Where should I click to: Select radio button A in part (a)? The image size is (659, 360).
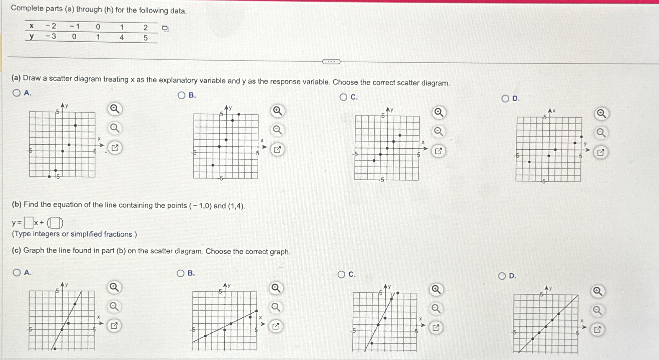[x=17, y=93]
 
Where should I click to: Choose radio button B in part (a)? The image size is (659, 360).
[x=181, y=96]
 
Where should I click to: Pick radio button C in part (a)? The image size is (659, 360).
[x=344, y=97]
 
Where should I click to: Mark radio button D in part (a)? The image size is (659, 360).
[x=505, y=99]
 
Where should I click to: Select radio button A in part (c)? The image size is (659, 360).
[x=17, y=273]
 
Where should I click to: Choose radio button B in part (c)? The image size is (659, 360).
[x=181, y=273]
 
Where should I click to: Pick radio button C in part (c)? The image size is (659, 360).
[x=341, y=275]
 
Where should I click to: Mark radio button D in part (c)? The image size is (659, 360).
[x=503, y=276]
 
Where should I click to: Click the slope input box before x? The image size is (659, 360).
[x=28, y=222]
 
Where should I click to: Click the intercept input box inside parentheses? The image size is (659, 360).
[x=55, y=222]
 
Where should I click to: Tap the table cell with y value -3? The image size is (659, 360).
[x=51, y=36]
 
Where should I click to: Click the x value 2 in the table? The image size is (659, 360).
[x=146, y=28]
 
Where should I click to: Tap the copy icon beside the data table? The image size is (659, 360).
[x=165, y=28]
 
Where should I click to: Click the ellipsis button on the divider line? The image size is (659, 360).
[x=331, y=62]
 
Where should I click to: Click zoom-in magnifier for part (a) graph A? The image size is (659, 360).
[x=115, y=109]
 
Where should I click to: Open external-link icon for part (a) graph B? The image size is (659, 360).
[x=277, y=149]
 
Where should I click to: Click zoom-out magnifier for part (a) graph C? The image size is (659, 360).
[x=438, y=132]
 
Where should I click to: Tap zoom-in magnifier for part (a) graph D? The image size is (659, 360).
[x=600, y=114]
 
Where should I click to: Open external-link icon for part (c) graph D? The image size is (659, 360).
[x=597, y=330]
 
